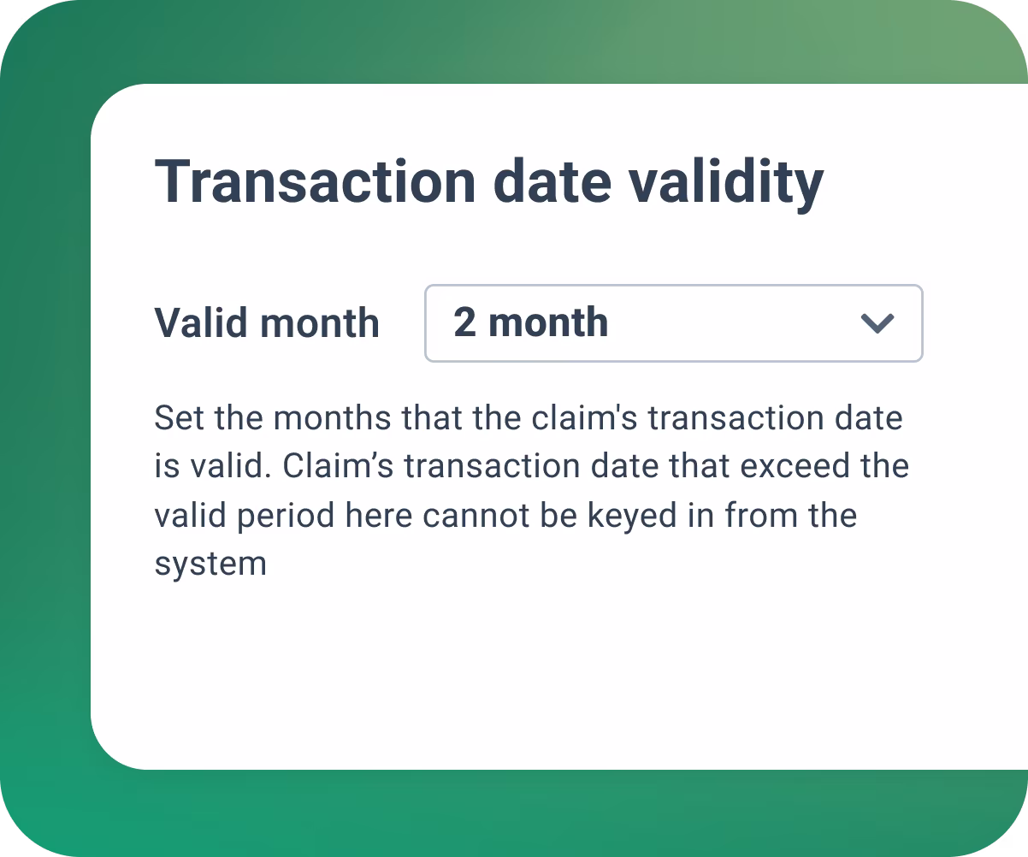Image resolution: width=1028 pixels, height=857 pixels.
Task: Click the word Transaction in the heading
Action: (315, 181)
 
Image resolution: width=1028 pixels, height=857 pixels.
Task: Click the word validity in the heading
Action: (727, 186)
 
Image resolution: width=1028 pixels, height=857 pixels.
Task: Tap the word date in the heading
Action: (552, 181)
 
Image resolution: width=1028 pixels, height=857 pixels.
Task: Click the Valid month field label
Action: (267, 323)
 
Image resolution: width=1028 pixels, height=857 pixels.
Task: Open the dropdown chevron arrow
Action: (877, 323)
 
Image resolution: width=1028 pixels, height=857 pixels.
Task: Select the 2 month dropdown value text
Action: (531, 322)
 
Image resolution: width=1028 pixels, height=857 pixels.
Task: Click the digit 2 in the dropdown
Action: (464, 322)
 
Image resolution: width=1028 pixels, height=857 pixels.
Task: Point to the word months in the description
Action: (333, 417)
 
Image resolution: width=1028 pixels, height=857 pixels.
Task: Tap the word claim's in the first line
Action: (584, 417)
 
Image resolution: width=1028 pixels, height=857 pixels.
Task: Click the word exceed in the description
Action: (795, 465)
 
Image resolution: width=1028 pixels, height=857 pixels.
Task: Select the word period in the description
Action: (286, 517)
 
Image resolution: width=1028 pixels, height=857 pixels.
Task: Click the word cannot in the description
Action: (476, 516)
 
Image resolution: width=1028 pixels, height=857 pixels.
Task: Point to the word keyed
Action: (632, 517)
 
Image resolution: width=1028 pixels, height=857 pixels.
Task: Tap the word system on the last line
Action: (210, 564)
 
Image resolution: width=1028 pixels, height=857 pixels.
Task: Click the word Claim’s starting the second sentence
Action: (338, 465)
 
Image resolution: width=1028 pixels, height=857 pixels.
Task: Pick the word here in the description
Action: (379, 515)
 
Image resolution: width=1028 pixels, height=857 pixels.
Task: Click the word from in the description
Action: (761, 515)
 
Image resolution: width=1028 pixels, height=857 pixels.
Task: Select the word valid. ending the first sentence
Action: (232, 465)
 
